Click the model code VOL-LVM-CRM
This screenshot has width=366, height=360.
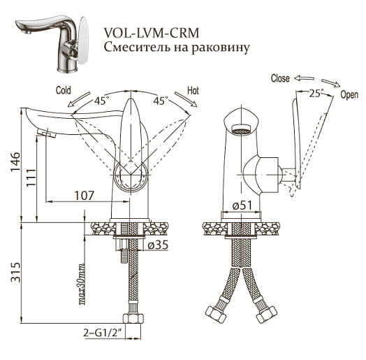click(152, 33)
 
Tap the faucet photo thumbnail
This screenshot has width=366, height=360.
click(52, 43)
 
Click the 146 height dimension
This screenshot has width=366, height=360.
click(16, 161)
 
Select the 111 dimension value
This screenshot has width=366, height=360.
click(31, 178)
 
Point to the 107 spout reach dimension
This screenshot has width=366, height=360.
click(85, 195)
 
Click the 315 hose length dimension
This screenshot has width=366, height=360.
click(16, 272)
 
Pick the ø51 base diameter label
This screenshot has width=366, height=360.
click(242, 206)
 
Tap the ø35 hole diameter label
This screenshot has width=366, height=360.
click(158, 245)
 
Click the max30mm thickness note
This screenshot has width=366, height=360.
click(81, 284)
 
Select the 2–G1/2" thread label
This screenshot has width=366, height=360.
click(103, 333)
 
